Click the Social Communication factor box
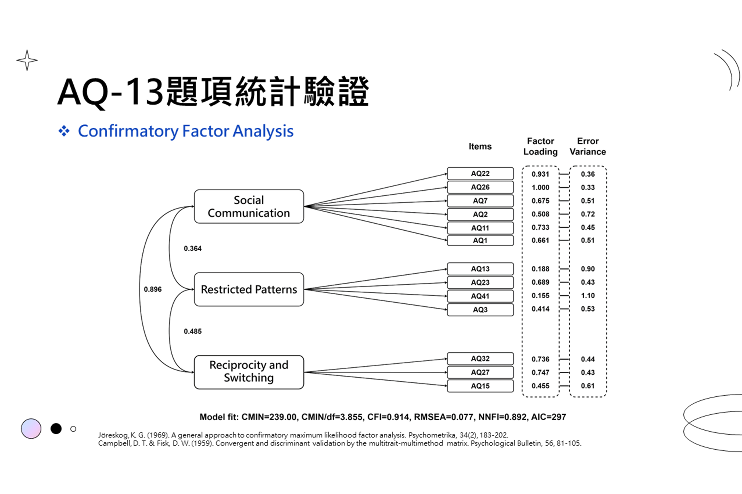coord(249,206)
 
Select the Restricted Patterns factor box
coord(249,289)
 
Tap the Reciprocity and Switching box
coord(249,372)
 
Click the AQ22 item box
coord(480,174)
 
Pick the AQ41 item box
coord(480,296)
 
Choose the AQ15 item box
coord(480,386)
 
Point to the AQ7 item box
coord(480,201)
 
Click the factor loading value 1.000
coord(540,188)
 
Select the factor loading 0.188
coord(540,269)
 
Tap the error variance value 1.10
coord(588,296)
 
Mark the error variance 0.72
coord(588,214)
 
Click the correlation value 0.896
coord(153,289)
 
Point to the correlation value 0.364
coord(193,249)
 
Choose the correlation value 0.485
coord(193,331)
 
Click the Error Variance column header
coord(588,146)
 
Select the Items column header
coord(480,146)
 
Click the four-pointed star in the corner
coord(27,60)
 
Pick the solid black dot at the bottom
coord(56,428)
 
